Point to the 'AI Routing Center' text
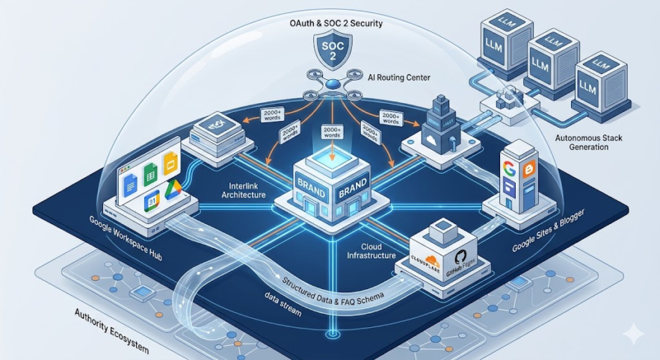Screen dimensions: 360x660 click(395, 77)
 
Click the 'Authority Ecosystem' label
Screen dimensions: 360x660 click(112, 330)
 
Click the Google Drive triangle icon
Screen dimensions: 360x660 click(174, 189)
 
